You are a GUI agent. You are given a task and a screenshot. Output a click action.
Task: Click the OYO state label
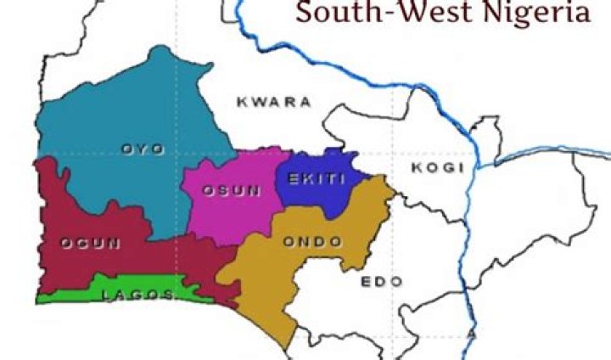[142, 149]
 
